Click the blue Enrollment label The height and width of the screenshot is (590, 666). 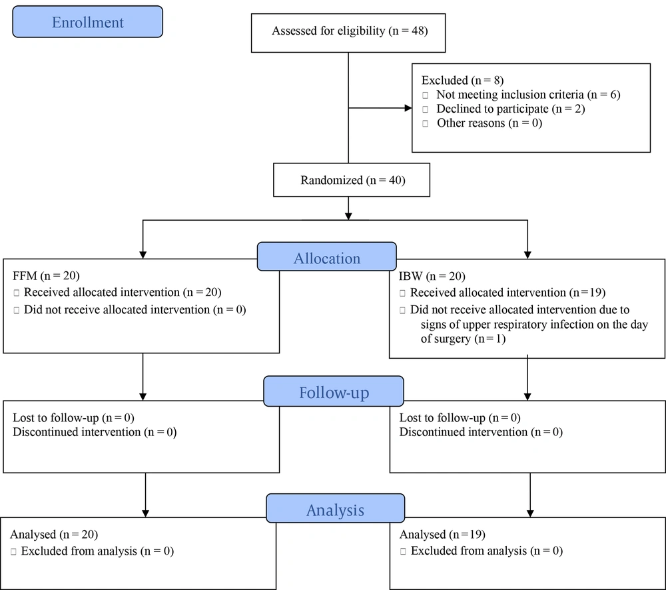tap(87, 22)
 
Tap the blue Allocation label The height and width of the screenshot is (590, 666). tap(326, 257)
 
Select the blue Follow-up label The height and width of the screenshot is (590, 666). tap(334, 391)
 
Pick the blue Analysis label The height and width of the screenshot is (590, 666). tap(336, 509)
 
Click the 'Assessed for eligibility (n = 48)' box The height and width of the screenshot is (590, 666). tap(348, 33)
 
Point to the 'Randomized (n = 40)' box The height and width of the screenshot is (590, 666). tap(352, 180)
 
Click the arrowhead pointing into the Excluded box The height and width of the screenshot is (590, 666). tap(408, 108)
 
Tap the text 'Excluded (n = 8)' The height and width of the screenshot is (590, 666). tap(463, 81)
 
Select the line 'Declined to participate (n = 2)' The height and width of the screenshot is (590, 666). tap(511, 109)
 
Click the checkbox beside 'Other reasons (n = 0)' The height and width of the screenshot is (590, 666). tap(425, 124)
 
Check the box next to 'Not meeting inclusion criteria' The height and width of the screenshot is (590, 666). tap(425, 95)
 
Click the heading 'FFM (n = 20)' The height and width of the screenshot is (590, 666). tap(47, 276)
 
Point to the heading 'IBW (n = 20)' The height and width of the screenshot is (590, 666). tap(432, 276)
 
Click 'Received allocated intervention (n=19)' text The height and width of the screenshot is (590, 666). tap(507, 293)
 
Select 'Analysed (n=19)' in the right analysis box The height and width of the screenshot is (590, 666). tap(442, 534)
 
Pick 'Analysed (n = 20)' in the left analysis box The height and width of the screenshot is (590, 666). tap(54, 534)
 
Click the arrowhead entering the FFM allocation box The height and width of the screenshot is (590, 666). tap(143, 255)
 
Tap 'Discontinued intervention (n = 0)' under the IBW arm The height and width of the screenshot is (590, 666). tap(481, 432)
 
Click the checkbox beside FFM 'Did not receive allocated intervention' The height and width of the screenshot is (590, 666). tap(17, 310)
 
